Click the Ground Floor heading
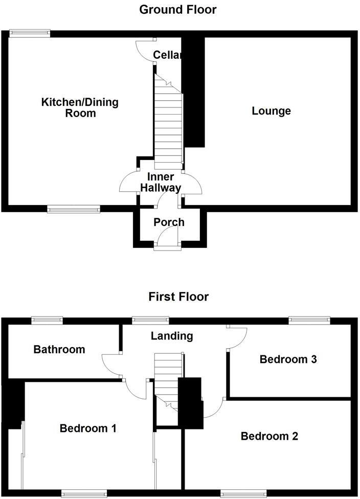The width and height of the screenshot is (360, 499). point(178,9)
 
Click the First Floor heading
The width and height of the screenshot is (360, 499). point(178,297)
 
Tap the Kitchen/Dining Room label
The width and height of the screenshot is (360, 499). point(80,107)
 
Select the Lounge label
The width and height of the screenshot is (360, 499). point(271,111)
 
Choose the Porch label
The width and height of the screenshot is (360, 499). point(169,222)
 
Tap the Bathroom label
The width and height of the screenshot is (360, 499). point(59,350)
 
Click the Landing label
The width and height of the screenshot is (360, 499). point(172,336)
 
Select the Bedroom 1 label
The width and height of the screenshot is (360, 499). point(88,428)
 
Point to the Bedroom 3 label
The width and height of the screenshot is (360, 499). point(288,359)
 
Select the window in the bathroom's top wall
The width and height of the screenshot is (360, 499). point(47,321)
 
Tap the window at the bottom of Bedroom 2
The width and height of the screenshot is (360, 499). point(243,493)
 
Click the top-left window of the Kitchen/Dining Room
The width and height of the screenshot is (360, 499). point(29,34)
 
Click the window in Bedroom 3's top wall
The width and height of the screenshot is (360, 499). point(309,321)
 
